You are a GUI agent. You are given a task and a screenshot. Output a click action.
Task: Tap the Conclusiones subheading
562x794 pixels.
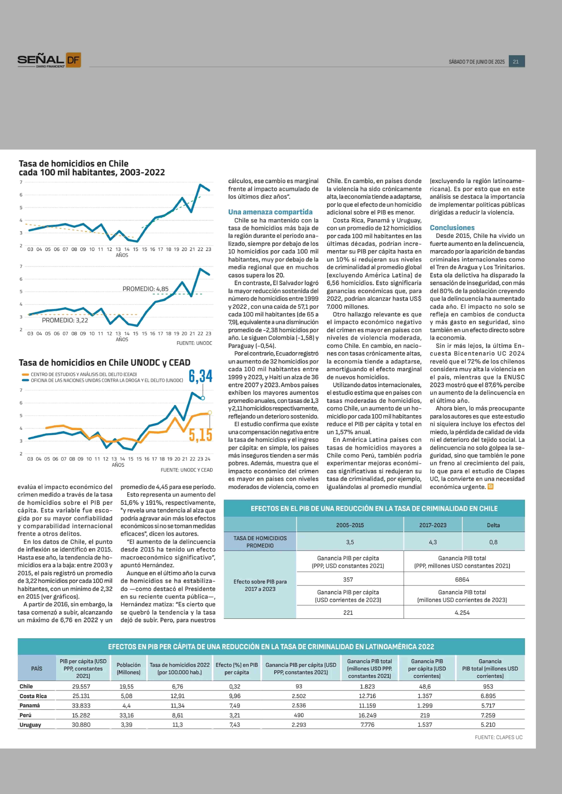tap(452, 228)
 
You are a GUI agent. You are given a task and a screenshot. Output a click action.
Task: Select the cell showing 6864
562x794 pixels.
tap(462, 580)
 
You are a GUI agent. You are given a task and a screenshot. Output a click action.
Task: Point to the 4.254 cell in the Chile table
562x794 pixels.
tap(462, 613)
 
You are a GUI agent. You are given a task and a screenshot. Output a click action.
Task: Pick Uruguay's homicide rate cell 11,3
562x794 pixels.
tap(178, 725)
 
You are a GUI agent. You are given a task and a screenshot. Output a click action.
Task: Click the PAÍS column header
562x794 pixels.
tap(37, 668)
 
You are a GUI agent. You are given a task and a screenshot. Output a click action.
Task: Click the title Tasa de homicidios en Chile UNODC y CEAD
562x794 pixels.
tap(104, 363)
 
